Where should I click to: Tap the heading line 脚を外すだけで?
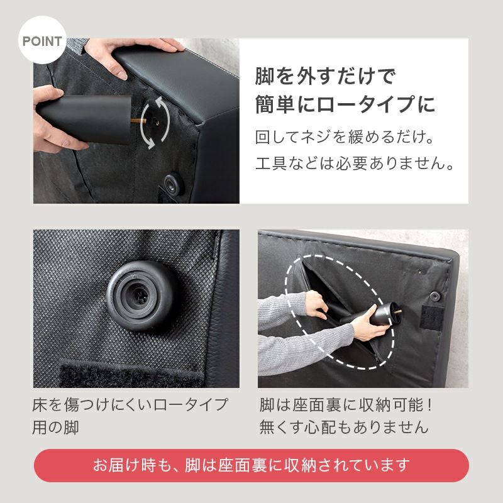pyautogui.click(x=324, y=77)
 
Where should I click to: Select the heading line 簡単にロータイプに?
pyautogui.click(x=345, y=104)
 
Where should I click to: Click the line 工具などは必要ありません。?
pyautogui.click(x=355, y=165)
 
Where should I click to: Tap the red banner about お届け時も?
pyautogui.click(x=251, y=465)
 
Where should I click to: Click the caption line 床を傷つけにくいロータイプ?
pyautogui.click(x=130, y=404)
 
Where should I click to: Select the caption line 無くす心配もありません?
pyautogui.click(x=344, y=428)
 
